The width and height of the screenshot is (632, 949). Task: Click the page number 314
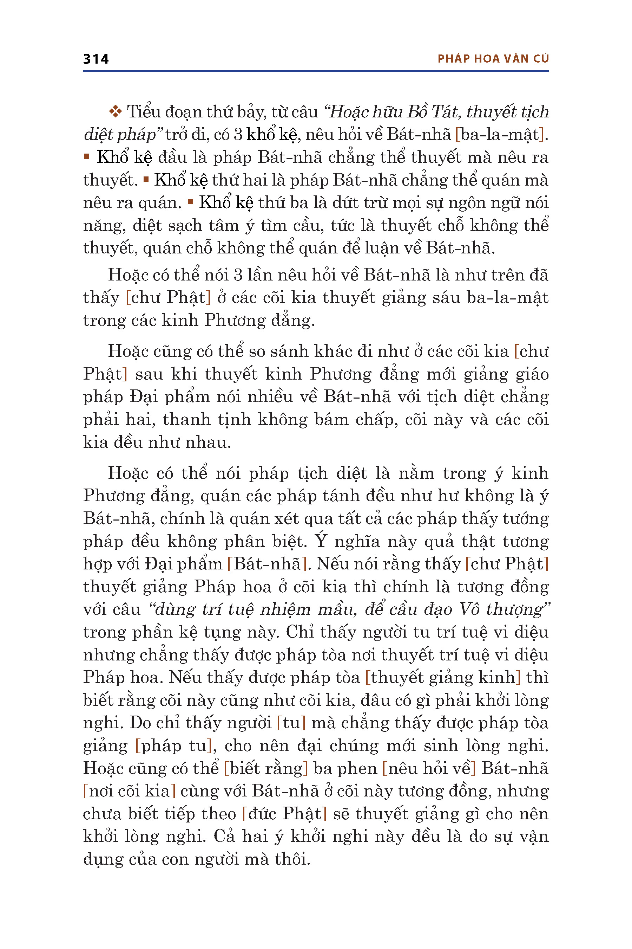point(96,59)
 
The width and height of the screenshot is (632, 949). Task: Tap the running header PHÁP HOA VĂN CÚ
point(493,59)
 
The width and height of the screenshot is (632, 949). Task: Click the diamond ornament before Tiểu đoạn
point(115,111)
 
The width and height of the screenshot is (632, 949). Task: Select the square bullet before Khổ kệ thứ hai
point(146,179)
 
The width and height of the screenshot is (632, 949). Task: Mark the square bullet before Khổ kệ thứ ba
point(191,202)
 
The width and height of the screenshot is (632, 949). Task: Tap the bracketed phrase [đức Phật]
point(284,814)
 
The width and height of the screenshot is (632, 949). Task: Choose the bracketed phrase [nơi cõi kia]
point(129,791)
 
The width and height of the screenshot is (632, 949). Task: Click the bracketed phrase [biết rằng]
point(266,768)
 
